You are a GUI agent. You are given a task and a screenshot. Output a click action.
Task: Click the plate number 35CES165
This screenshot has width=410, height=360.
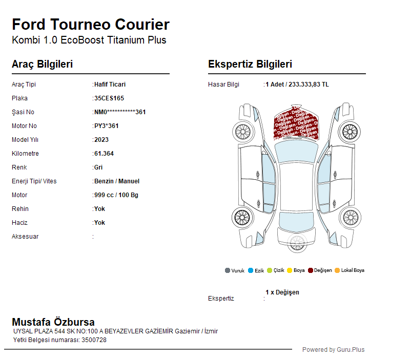[109, 98]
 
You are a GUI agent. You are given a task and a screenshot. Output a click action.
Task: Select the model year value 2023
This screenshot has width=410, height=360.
[101, 140]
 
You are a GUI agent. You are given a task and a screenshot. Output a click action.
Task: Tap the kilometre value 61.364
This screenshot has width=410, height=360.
[104, 154]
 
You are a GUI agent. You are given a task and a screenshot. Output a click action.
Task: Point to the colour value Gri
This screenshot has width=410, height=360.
[98, 167]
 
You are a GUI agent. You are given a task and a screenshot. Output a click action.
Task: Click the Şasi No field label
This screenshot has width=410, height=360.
[23, 112]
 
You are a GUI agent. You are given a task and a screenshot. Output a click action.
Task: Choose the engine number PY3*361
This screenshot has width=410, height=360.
[107, 126]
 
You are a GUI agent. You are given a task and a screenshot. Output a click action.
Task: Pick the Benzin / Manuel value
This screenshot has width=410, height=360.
[117, 181]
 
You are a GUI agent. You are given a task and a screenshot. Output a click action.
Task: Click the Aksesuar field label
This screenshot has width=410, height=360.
[25, 237]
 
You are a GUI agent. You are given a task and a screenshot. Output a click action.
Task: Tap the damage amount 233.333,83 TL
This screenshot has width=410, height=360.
[309, 84]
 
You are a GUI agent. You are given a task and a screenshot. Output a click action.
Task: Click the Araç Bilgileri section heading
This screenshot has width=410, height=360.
[43, 64]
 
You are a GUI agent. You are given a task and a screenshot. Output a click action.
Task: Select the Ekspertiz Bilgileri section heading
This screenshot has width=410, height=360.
[250, 64]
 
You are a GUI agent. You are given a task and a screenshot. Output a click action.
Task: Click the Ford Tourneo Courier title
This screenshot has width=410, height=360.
[91, 25]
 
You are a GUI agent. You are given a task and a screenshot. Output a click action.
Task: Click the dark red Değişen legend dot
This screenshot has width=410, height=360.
[311, 270]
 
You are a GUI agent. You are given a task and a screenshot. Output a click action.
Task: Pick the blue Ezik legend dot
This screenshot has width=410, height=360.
[251, 270]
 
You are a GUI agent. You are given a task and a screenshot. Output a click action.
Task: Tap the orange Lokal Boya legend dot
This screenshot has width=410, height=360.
[337, 270]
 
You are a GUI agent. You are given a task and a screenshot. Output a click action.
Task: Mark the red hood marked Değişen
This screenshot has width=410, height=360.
[296, 122]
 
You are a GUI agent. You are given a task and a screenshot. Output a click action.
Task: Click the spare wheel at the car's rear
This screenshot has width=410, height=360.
[297, 243]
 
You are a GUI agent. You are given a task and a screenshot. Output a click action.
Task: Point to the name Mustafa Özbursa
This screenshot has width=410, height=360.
[53, 322]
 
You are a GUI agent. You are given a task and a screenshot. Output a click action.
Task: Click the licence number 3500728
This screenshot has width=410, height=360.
[94, 340]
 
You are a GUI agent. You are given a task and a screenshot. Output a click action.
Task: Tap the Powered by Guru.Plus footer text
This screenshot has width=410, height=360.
[334, 350]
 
